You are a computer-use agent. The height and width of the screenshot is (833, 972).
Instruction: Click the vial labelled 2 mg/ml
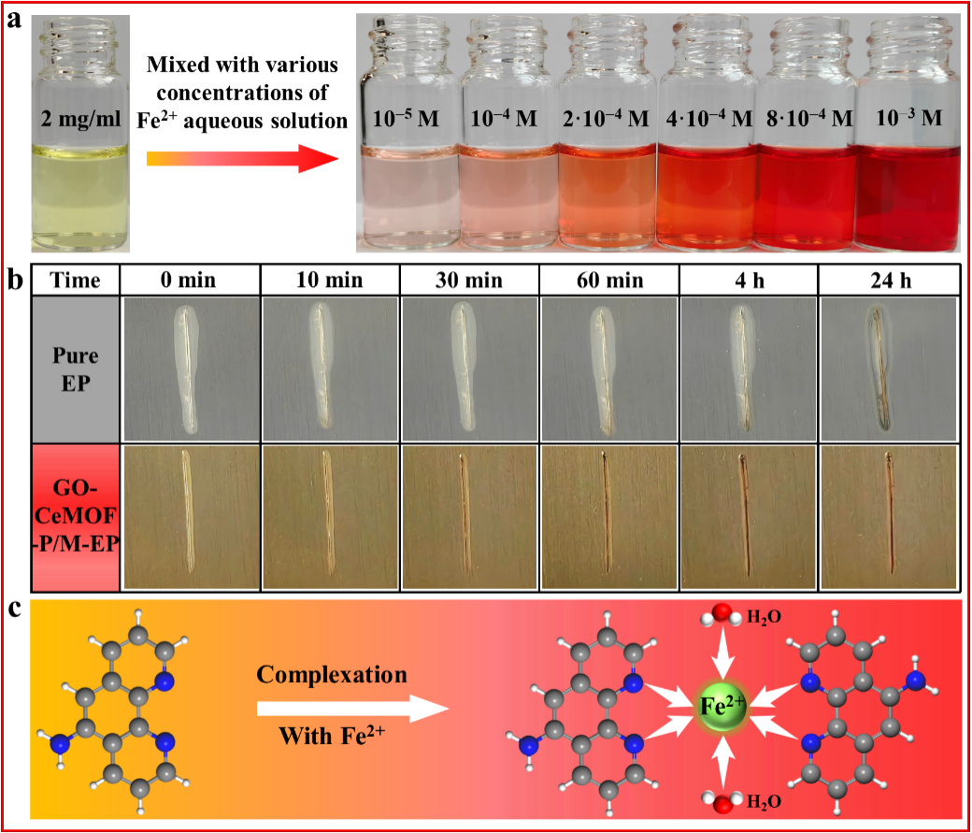pyautogui.click(x=80, y=134)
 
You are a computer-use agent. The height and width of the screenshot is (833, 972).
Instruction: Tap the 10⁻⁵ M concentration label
pyautogui.click(x=406, y=119)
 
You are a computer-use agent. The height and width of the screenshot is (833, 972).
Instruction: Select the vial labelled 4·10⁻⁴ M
pyautogui.click(x=708, y=134)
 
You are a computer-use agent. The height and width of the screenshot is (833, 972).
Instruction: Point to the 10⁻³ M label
pyautogui.click(x=908, y=117)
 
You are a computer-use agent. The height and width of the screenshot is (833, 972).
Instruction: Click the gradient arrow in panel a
pyautogui.click(x=242, y=159)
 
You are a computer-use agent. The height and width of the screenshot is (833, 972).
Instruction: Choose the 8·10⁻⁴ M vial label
pyautogui.click(x=809, y=118)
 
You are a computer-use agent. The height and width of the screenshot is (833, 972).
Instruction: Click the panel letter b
pyautogui.click(x=14, y=280)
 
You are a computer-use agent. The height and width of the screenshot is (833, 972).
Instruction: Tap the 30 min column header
pyautogui.click(x=468, y=280)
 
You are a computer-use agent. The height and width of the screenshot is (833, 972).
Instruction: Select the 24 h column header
pyautogui.click(x=891, y=281)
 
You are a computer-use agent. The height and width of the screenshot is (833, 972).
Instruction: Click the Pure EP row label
pyautogui.click(x=75, y=369)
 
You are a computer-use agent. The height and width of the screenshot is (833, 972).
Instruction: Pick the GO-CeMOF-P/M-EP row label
pyautogui.click(x=76, y=514)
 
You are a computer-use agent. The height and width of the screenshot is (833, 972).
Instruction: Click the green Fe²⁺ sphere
pyautogui.click(x=721, y=707)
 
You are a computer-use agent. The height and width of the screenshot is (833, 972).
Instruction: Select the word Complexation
pyautogui.click(x=332, y=675)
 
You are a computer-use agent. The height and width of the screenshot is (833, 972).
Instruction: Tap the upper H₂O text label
pyautogui.click(x=764, y=617)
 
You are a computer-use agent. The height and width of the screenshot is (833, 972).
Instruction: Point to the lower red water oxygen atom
pyautogui.click(x=721, y=804)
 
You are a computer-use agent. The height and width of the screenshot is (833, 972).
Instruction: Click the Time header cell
pyautogui.click(x=75, y=280)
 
